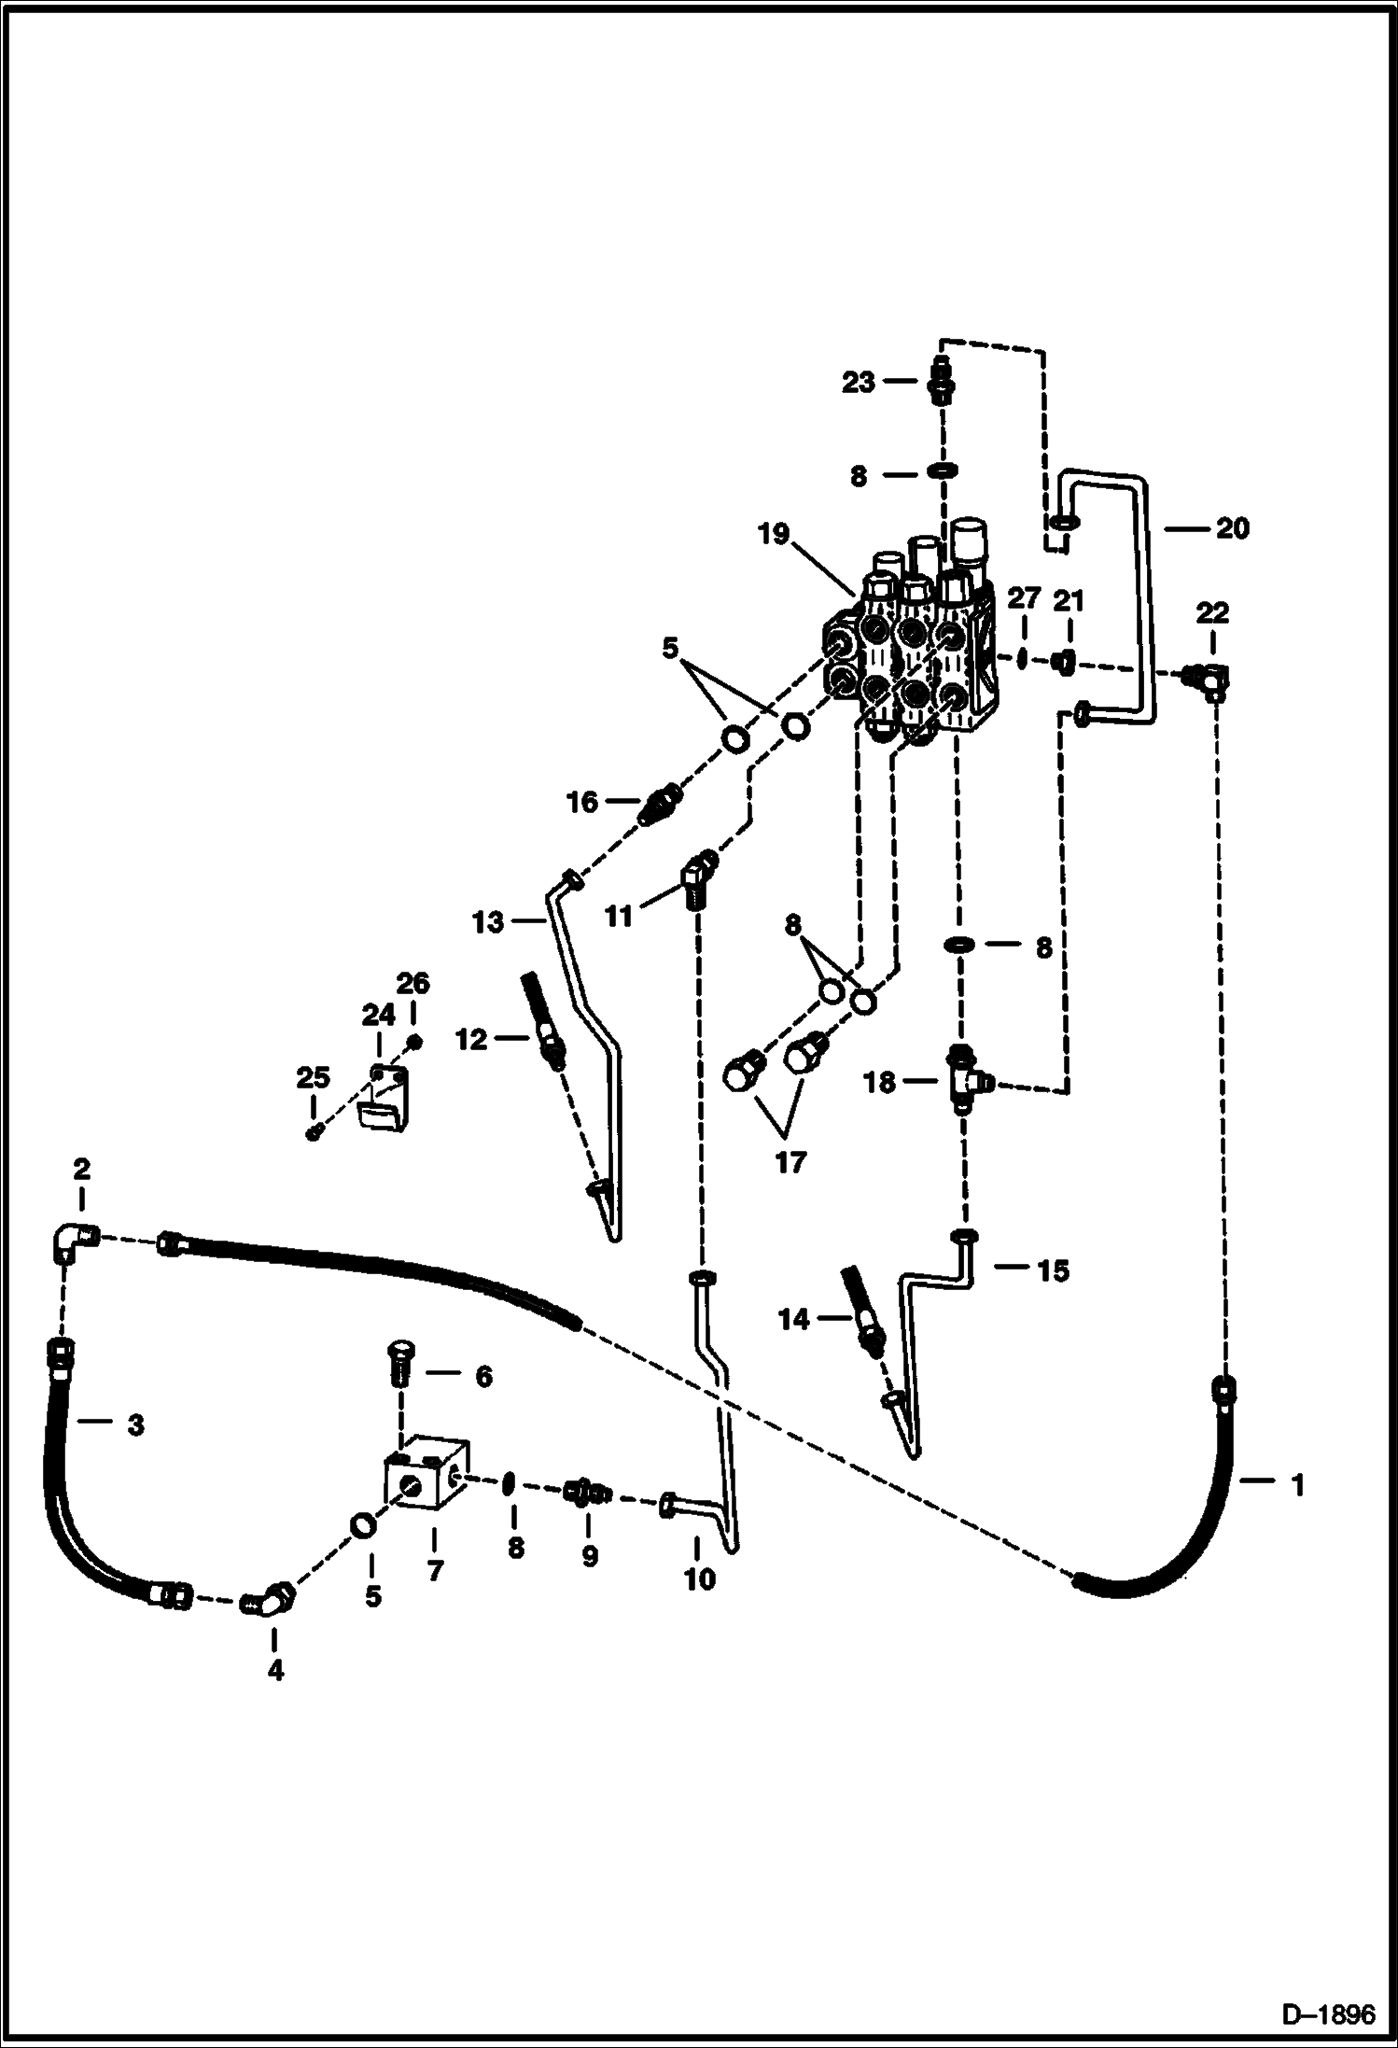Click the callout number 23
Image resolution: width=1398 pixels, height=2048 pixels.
858,382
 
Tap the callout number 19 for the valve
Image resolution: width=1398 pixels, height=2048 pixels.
774,534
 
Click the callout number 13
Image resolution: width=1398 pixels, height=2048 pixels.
488,922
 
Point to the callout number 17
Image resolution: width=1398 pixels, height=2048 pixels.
790,1163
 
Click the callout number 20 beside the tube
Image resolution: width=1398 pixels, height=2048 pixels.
1232,528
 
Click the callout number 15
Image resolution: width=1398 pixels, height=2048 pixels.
1053,1270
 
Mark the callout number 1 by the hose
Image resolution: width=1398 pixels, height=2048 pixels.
1296,1485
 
